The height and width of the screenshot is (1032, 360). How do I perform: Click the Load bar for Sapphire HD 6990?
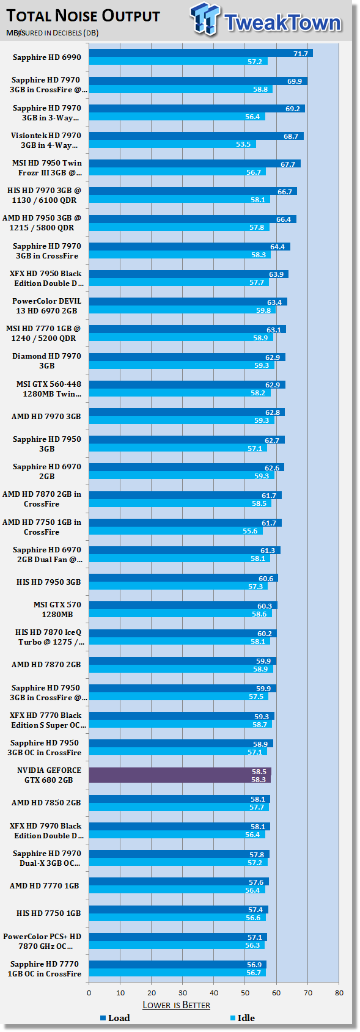pos(201,53)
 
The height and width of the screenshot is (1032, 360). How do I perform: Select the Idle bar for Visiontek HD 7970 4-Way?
pos(172,144)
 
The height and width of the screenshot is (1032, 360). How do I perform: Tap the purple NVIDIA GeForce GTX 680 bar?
pos(180,775)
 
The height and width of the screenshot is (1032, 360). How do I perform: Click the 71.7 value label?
pos(301,53)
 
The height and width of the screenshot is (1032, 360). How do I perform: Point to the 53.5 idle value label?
pos(243,144)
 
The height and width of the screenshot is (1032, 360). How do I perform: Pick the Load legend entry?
pos(115,1018)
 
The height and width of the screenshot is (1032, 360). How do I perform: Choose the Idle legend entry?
pos(242,1018)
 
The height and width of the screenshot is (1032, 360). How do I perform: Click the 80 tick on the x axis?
pos(339,992)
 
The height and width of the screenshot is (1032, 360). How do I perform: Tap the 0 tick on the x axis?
pos(89,992)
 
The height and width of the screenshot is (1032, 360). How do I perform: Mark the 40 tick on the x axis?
pos(214,992)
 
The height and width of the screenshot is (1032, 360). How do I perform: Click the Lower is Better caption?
pos(176,1005)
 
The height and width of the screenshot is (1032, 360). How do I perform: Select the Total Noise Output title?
pos(83,16)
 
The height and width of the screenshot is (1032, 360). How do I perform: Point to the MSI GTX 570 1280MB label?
pos(57,610)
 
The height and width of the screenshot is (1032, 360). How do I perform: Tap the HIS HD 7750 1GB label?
pos(48,913)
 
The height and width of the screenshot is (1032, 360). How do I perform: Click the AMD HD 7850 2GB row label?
pos(46,802)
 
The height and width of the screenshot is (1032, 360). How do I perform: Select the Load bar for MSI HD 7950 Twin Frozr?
pos(195,164)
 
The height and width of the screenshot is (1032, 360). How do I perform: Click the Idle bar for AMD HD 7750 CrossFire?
pos(175,531)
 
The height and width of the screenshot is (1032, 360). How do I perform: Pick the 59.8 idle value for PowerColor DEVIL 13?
pos(263,310)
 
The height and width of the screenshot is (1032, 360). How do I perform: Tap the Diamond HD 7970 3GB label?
pos(46,360)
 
